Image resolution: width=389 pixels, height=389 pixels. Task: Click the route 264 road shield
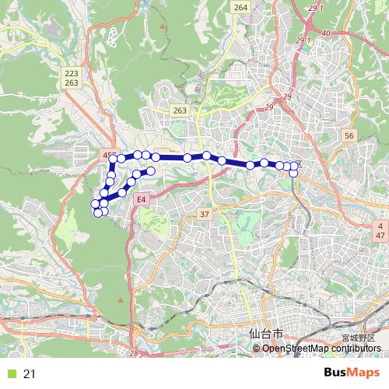(x=240, y=7)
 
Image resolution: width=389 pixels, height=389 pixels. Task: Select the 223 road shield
(x=72, y=72)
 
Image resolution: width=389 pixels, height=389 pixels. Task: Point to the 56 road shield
(x=349, y=135)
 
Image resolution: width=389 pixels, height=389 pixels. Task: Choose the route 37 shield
(x=205, y=214)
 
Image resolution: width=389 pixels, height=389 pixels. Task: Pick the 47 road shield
(x=380, y=234)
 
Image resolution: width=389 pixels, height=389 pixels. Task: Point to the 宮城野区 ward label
(x=358, y=338)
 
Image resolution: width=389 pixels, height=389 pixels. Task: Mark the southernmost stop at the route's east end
(x=294, y=173)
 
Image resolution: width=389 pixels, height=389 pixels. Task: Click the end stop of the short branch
(x=152, y=170)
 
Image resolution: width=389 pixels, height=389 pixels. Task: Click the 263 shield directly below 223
(x=72, y=82)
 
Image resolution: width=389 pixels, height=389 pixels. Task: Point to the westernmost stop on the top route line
(x=114, y=159)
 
